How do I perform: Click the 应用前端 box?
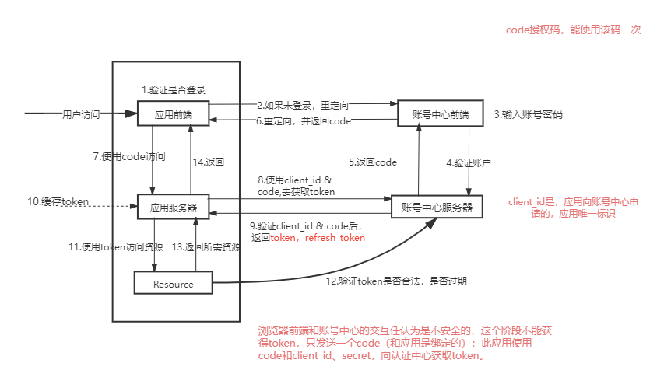click(174, 114)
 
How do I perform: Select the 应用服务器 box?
click(174, 208)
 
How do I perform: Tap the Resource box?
click(174, 284)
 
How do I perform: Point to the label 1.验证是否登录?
click(174, 90)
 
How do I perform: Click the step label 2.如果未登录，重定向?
click(303, 104)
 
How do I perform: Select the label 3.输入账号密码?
click(528, 114)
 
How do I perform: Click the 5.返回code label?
click(373, 162)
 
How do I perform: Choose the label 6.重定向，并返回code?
click(304, 120)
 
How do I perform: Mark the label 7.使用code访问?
click(133, 156)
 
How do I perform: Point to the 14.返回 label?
click(209, 162)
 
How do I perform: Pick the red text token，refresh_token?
click(318, 237)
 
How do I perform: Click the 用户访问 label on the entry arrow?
click(81, 114)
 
